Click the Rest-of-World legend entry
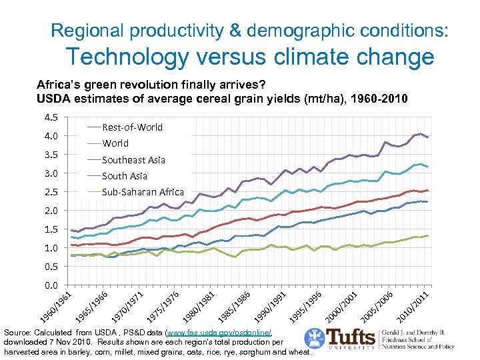coord(132,127)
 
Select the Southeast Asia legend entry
coord(133,159)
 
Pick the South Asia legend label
coord(124,176)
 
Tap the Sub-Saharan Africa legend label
coord(142,192)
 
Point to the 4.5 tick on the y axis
coord(51,118)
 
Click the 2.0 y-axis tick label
coord(51,211)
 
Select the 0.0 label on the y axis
coord(51,285)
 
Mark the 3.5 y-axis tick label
coord(51,155)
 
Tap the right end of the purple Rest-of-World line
coord(428,137)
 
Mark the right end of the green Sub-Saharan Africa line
coord(428,235)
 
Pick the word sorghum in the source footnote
coord(243,352)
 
